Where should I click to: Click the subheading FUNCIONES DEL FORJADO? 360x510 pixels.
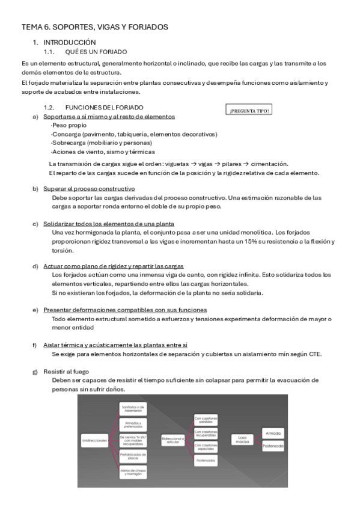coord(105,107)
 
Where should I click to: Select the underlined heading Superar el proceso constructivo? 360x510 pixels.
coord(91,188)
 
